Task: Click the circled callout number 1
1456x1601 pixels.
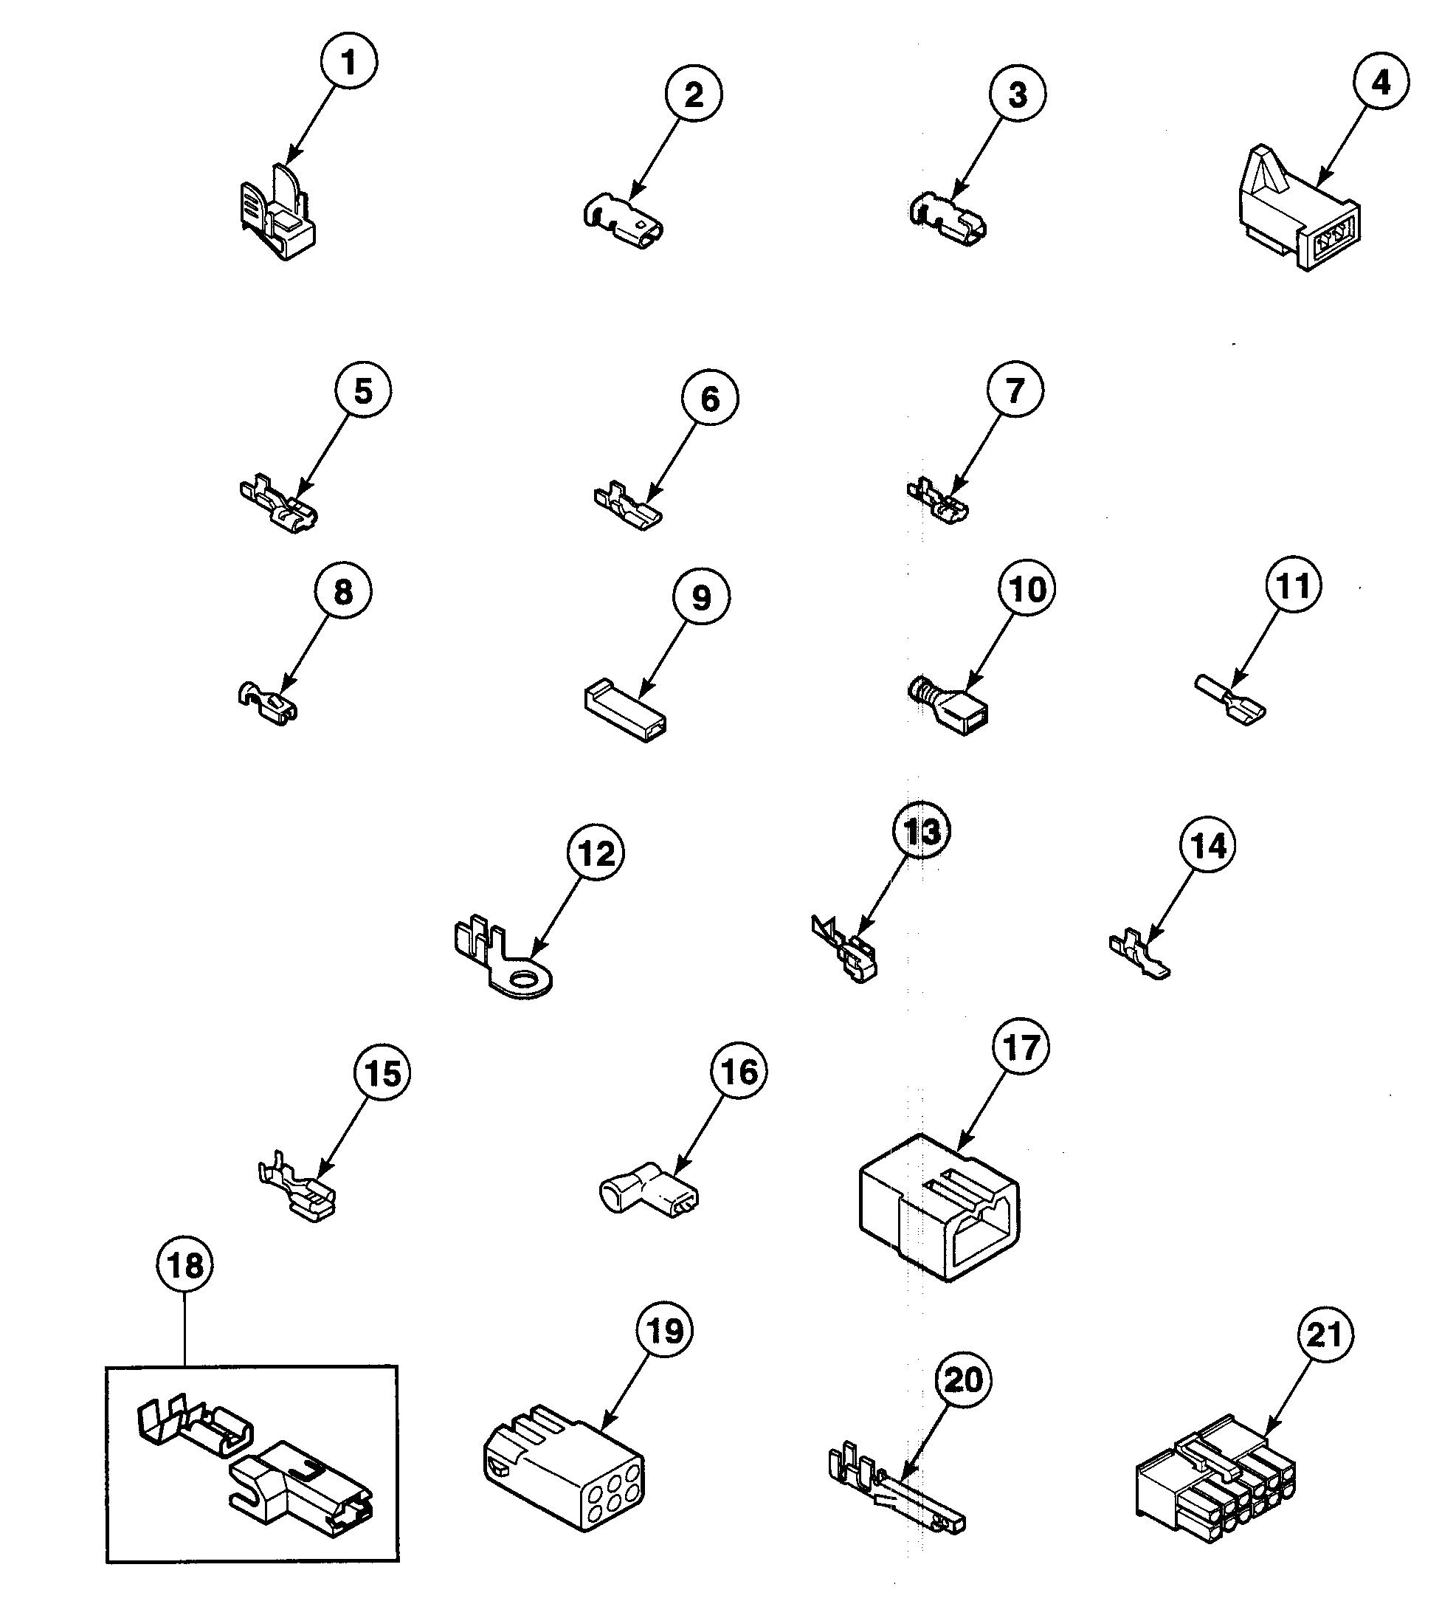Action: pyautogui.click(x=348, y=62)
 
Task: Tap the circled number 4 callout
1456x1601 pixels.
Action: pyautogui.click(x=1381, y=83)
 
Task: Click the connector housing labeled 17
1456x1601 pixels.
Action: pyautogui.click(x=939, y=1209)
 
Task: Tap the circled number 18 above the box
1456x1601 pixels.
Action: pyautogui.click(x=185, y=1265)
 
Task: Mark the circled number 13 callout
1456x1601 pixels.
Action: pyautogui.click(x=921, y=831)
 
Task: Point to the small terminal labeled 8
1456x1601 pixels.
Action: pyautogui.click(x=269, y=700)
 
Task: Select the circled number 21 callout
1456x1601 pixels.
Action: pyautogui.click(x=1324, y=1335)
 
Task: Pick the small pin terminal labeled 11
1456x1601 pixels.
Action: pyautogui.click(x=1229, y=700)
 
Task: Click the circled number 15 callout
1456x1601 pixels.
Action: pyautogui.click(x=383, y=1074)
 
